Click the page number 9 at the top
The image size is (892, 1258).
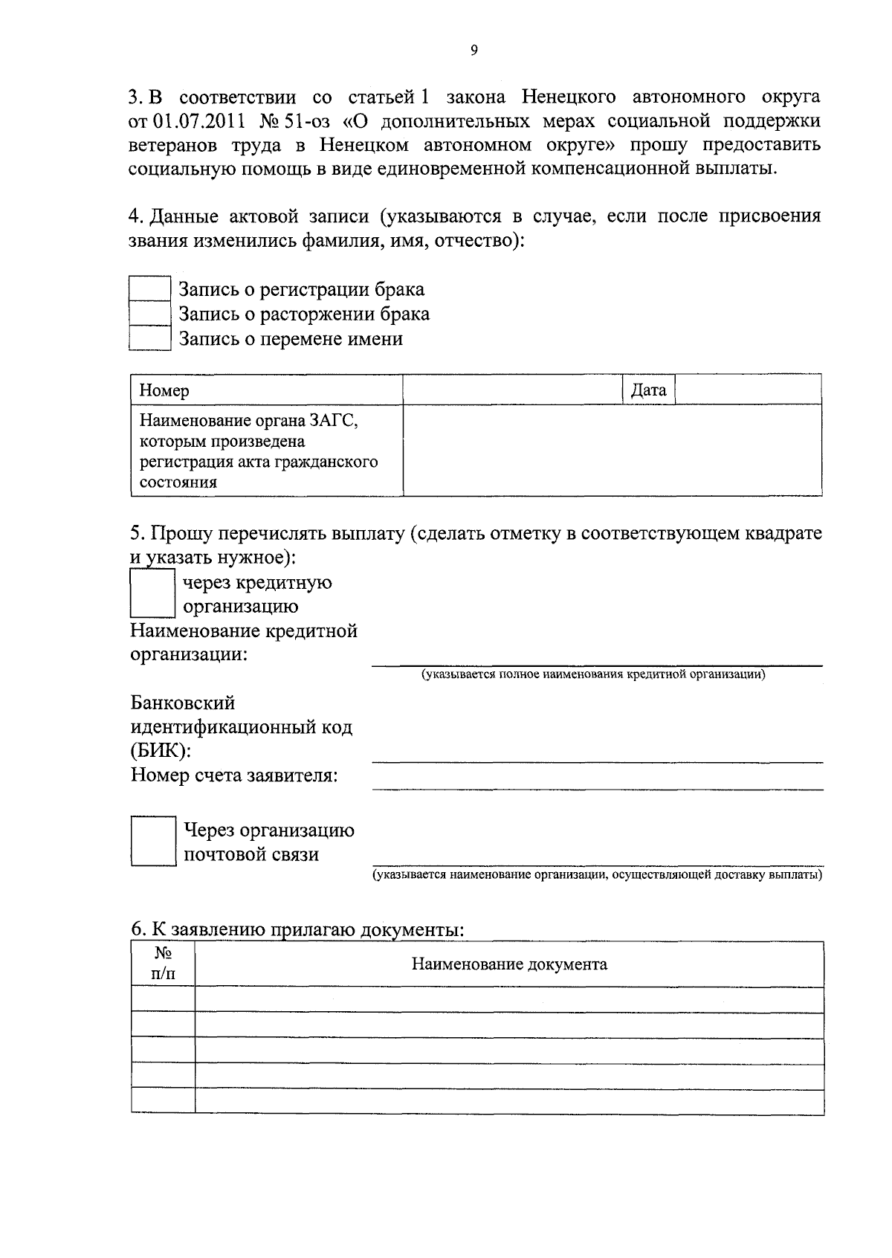click(474, 50)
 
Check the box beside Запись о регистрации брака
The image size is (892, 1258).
click(150, 289)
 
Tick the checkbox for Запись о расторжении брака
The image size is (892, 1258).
click(150, 314)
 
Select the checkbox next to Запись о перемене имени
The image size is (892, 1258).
click(150, 338)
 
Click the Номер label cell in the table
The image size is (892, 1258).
click(266, 390)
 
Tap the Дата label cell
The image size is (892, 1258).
click(648, 390)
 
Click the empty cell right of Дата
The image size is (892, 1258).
click(748, 390)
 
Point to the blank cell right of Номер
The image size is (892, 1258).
click(512, 390)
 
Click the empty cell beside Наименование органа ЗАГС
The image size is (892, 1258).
click(612, 451)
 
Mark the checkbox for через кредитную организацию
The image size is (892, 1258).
click(152, 593)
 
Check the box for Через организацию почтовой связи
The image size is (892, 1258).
click(153, 841)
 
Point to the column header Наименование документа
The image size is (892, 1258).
click(509, 964)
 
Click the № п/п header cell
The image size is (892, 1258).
click(163, 964)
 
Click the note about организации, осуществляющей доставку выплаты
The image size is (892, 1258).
click(597, 875)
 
